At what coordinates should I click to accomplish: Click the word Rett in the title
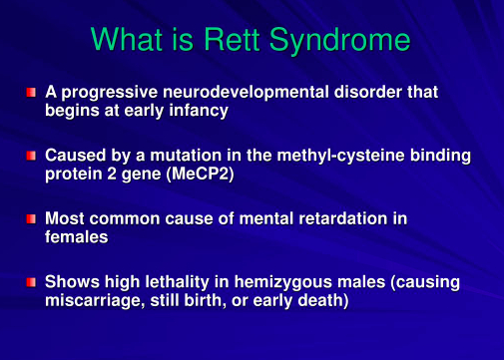coord(232,39)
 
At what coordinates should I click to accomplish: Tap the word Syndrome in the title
coord(339,41)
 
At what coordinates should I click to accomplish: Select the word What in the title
coord(127,39)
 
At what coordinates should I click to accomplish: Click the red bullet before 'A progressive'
coord(31,92)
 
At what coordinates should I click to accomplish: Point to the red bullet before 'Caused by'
coord(31,156)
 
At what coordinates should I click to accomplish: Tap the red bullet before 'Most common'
coord(31,218)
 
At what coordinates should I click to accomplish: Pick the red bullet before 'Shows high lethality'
coord(31,282)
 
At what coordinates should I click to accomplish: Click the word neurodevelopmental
coord(246,92)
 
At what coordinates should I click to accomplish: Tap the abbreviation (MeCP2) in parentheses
coord(201,175)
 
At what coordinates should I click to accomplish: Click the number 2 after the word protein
coord(112,174)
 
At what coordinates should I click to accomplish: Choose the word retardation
coord(343,218)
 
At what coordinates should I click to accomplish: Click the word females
coord(77,237)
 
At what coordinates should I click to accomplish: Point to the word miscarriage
coord(95,301)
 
